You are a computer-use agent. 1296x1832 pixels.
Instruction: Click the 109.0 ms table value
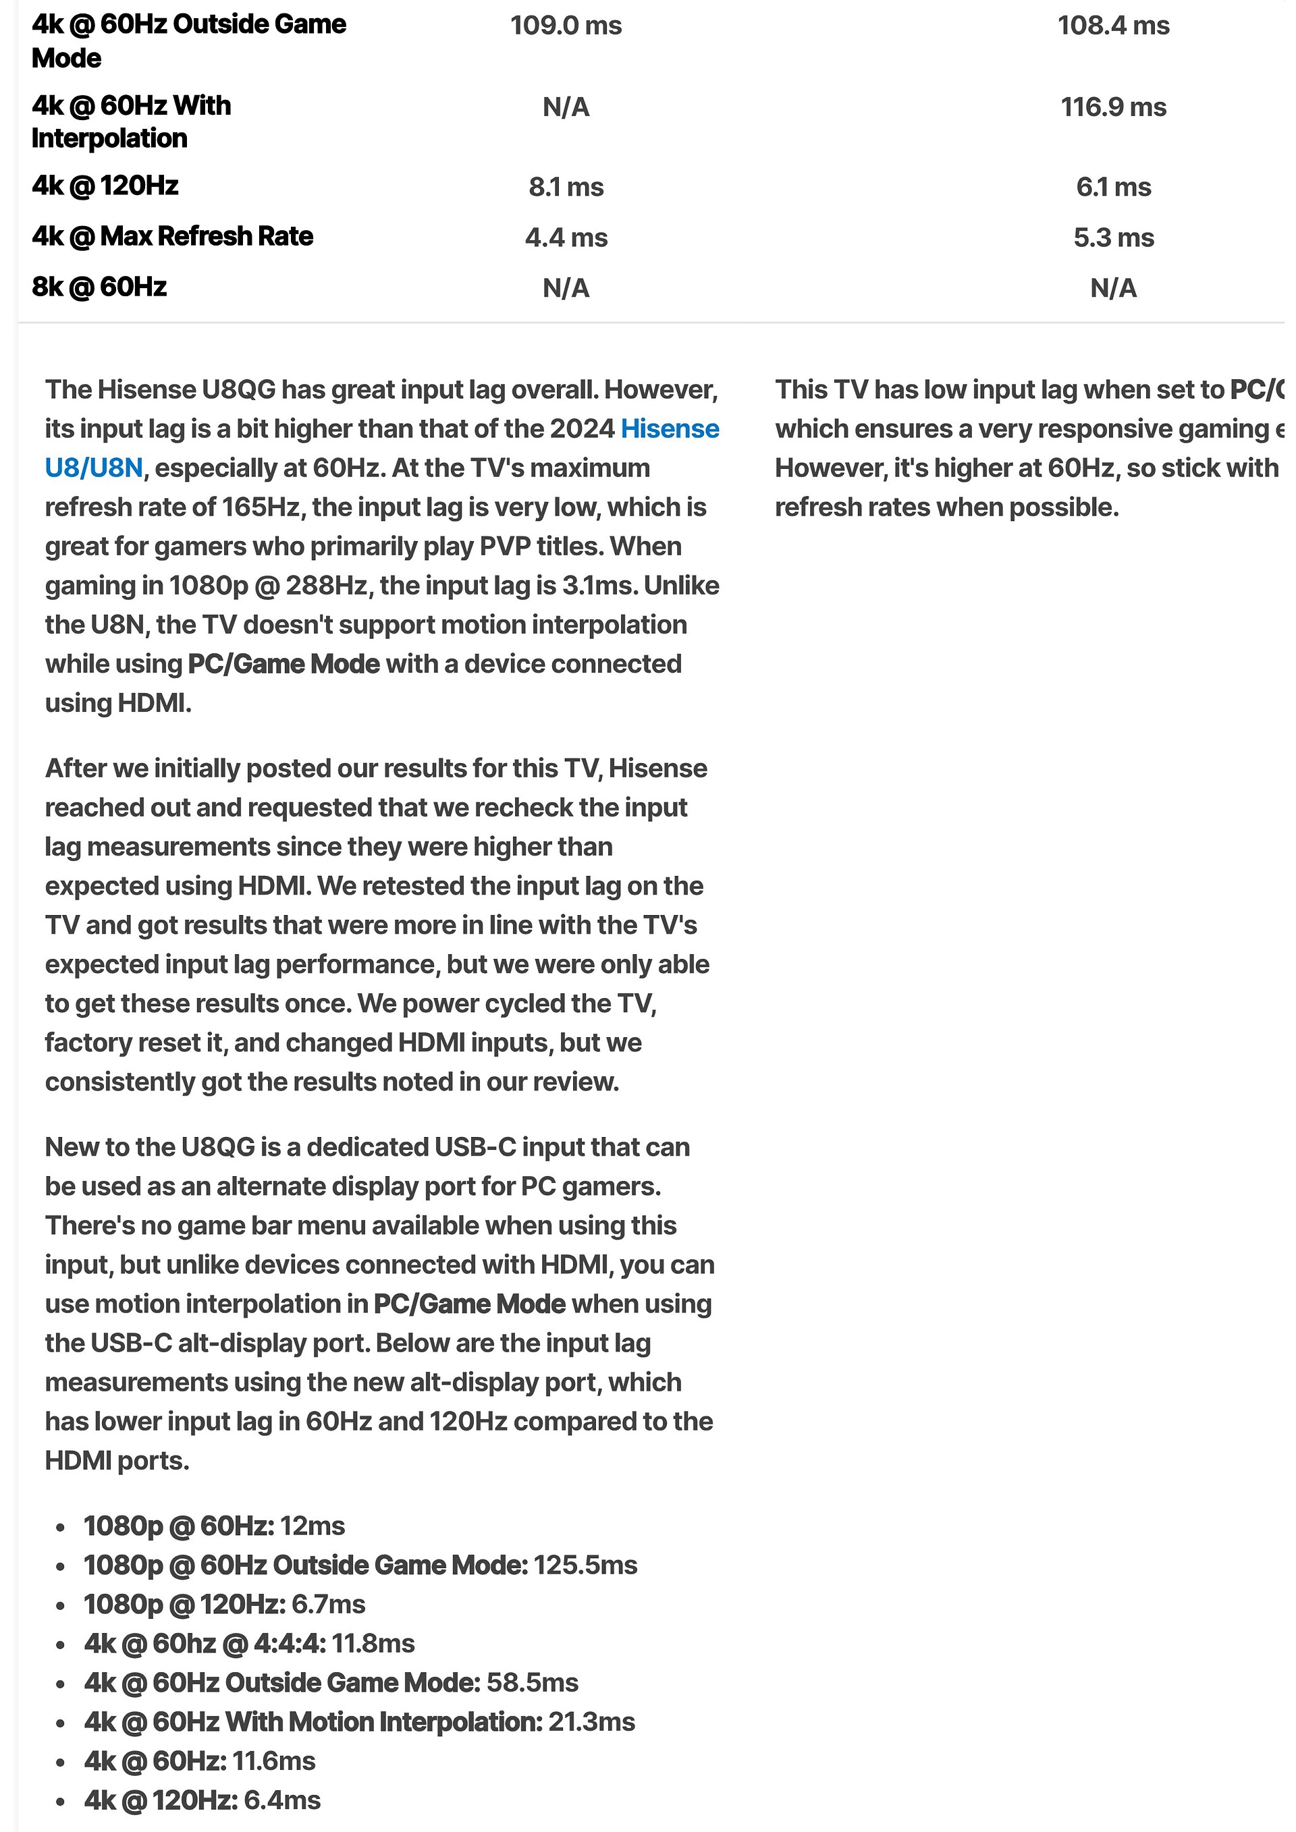[566, 26]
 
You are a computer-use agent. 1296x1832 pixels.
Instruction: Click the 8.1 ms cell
[566, 188]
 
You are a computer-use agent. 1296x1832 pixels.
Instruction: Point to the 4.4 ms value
[566, 238]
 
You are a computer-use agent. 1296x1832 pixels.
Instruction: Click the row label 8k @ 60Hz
[99, 287]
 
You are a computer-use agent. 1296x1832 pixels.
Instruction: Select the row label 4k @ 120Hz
[105, 186]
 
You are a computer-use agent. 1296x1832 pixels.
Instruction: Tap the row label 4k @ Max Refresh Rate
[172, 237]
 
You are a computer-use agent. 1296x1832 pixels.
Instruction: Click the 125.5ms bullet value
[585, 1565]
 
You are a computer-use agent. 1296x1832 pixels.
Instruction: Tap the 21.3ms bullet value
[591, 1722]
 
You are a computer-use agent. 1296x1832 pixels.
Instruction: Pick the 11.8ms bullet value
[373, 1644]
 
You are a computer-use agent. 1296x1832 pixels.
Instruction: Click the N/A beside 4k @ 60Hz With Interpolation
[566, 107]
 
